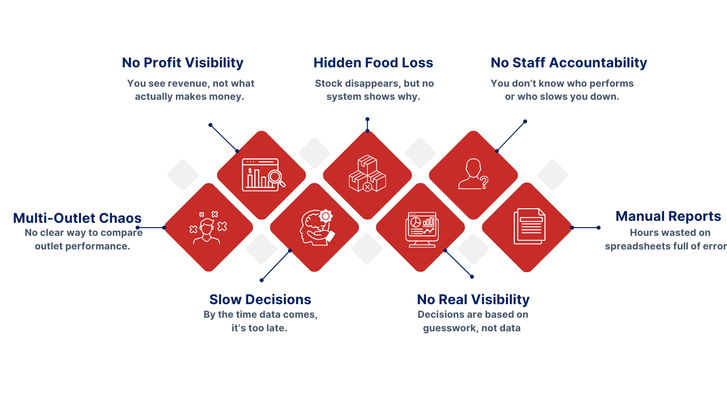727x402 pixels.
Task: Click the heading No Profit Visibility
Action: (182, 62)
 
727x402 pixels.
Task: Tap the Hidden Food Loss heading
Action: (373, 62)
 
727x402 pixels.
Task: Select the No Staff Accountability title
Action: (569, 62)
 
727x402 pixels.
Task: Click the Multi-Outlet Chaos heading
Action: (77, 218)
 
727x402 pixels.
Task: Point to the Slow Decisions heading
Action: (260, 299)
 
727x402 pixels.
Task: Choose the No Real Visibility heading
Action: (473, 299)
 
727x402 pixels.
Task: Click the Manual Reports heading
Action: (668, 216)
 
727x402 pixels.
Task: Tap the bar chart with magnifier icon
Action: (263, 175)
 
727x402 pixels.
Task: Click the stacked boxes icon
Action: (367, 173)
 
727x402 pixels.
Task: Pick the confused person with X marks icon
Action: (208, 228)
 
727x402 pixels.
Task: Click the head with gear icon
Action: (316, 228)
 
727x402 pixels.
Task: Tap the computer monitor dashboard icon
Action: (422, 230)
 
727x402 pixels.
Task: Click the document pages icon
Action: (529, 226)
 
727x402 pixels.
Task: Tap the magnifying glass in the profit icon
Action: (277, 178)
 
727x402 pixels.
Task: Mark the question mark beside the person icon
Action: (484, 183)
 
